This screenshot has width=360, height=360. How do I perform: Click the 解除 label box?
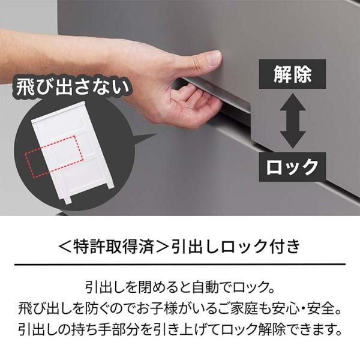click(293, 74)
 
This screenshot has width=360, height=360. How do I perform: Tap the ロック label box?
click(293, 167)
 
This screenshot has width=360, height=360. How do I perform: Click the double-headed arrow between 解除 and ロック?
click(293, 121)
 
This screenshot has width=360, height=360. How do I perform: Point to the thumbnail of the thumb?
click(214, 58)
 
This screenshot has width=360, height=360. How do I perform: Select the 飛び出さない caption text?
click(73, 87)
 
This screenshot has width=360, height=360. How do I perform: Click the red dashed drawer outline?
click(55, 157)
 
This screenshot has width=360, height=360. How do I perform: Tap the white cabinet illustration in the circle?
click(73, 152)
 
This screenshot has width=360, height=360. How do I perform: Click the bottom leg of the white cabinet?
click(67, 199)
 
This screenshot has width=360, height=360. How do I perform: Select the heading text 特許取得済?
click(114, 247)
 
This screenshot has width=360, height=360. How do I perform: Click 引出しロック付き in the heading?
click(236, 247)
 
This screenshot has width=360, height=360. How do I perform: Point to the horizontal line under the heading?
click(180, 265)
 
